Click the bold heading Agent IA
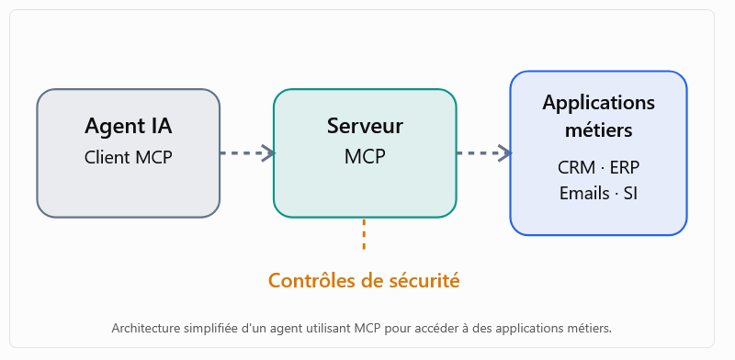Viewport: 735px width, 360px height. [x=129, y=126]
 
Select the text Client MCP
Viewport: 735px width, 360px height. [x=129, y=158]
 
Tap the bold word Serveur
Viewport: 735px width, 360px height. [x=365, y=126]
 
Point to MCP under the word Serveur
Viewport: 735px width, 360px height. [x=365, y=157]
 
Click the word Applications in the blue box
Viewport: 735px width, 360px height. [x=599, y=104]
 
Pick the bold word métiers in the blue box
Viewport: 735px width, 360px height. [x=599, y=129]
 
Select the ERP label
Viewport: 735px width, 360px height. [x=625, y=168]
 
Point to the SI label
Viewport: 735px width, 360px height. [x=630, y=193]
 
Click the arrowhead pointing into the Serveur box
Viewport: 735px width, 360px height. [x=268, y=152]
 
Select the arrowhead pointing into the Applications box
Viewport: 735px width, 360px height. [x=504, y=152]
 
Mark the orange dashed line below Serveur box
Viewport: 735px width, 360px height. [x=364, y=233]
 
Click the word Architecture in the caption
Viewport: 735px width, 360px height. [x=139, y=329]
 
